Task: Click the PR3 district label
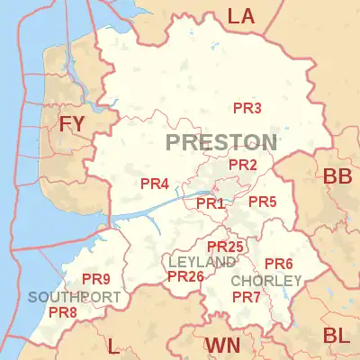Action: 247,109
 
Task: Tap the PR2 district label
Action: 243,165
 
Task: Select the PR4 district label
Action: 155,184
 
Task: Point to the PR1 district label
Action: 210,203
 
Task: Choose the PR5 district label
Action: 262,202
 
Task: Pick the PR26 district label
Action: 185,276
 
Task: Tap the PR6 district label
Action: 279,264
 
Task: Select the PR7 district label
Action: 246,297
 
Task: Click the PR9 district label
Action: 95,279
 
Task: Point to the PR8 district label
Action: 62,312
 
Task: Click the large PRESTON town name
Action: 221,142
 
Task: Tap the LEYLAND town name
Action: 202,261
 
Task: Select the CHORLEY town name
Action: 266,281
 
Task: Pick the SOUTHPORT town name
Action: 74,297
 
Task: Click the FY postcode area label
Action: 73,124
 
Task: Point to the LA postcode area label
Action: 240,15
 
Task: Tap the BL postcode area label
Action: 337,337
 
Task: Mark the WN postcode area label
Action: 221,346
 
